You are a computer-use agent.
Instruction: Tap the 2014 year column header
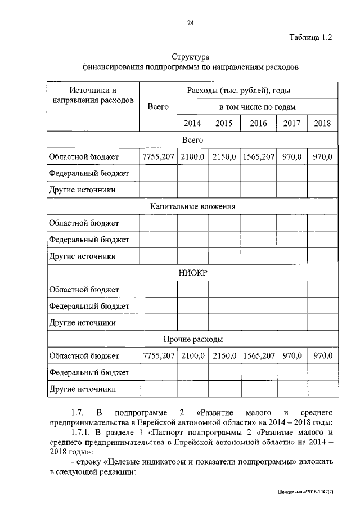tap(192, 123)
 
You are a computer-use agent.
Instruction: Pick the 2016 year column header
tap(258, 123)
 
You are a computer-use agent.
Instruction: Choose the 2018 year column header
tap(323, 123)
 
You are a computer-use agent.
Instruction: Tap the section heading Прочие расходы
tap(192, 339)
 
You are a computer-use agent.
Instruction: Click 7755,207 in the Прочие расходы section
tap(159, 355)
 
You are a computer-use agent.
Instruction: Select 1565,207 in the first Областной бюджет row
tap(258, 156)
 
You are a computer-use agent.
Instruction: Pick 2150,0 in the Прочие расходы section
tap(224, 355)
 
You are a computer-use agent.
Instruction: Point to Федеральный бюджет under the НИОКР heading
tap(89, 306)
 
